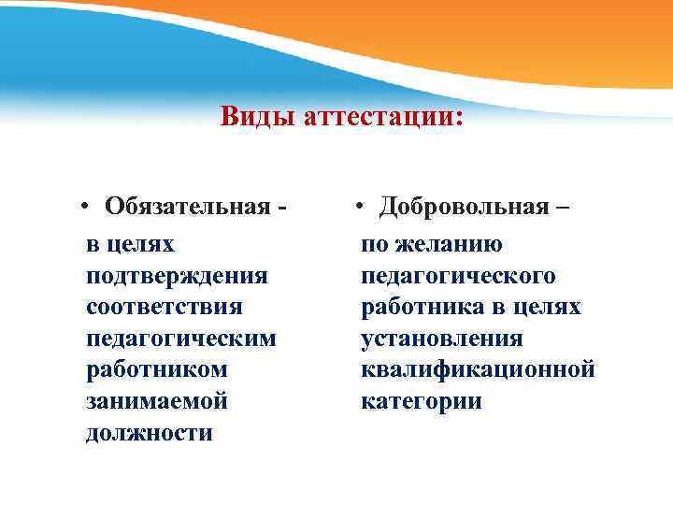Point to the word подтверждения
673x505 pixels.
click(x=177, y=277)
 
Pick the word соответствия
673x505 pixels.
click(x=164, y=308)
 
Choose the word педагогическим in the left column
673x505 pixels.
click(x=180, y=339)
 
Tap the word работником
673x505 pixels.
click(x=156, y=370)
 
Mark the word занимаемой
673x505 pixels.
click(x=156, y=402)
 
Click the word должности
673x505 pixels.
click(x=149, y=434)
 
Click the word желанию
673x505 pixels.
click(x=445, y=245)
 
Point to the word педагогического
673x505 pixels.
click(x=458, y=277)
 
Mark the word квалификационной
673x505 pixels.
click(x=478, y=370)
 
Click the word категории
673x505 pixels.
click(x=422, y=402)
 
